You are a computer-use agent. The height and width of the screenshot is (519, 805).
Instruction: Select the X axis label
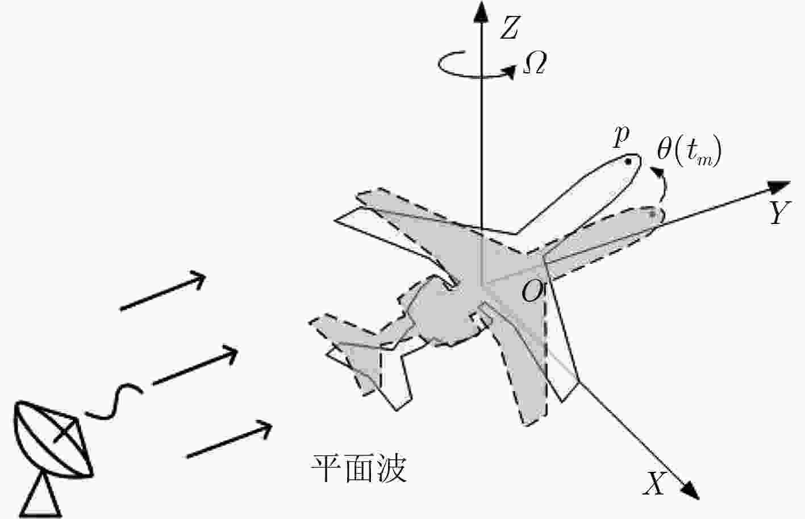[654, 484]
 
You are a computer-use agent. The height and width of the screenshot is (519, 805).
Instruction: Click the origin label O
[532, 292]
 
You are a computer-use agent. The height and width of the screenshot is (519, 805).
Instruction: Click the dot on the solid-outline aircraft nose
[628, 162]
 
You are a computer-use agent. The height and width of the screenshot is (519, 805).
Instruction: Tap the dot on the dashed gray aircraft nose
[653, 214]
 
